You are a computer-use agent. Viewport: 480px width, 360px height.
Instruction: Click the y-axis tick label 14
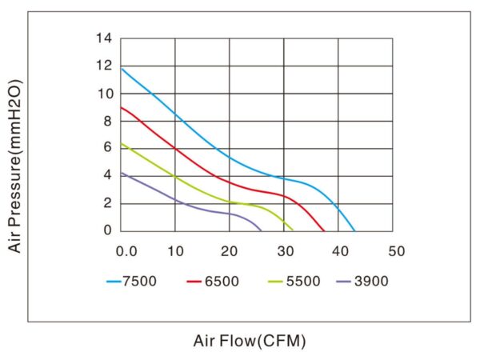pyautogui.click(x=106, y=38)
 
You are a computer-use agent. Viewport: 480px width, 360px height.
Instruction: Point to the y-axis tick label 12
pyautogui.click(x=106, y=66)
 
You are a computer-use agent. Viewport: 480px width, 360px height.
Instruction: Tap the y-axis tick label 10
pyautogui.click(x=106, y=94)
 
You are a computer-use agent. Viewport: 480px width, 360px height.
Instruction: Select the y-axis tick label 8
pyautogui.click(x=110, y=121)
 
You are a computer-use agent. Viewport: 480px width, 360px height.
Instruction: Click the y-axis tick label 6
pyautogui.click(x=110, y=148)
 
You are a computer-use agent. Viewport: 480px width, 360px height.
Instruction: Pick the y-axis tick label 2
pyautogui.click(x=110, y=203)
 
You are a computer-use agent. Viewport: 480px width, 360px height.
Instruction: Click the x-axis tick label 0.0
pyautogui.click(x=126, y=250)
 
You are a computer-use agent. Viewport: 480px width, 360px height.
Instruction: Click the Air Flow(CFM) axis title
pyautogui.click(x=249, y=340)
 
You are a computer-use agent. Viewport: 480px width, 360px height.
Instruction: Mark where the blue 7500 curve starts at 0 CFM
pyautogui.click(x=121, y=68)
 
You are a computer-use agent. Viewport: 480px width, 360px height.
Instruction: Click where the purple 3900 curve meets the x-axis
pyautogui.click(x=262, y=230)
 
